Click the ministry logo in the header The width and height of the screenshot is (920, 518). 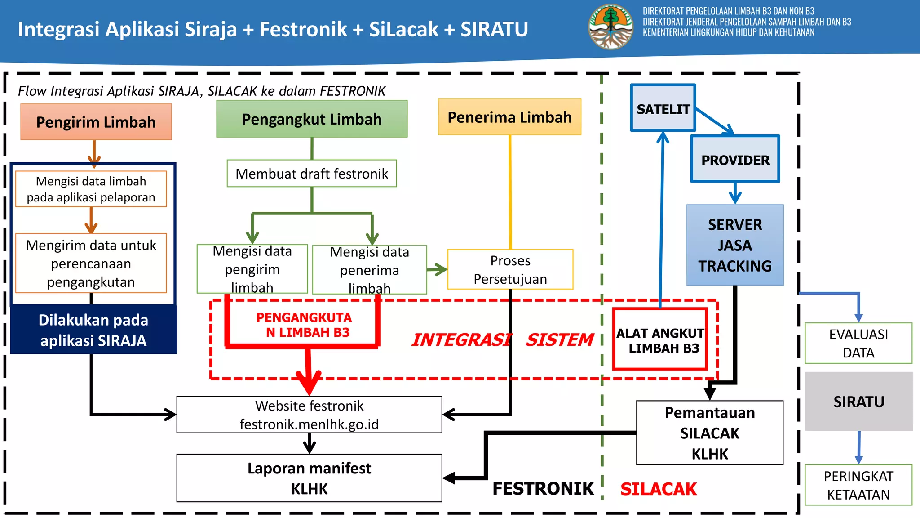[610, 27]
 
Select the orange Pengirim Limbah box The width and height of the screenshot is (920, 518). [96, 122]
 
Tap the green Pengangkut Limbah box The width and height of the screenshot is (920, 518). [312, 119]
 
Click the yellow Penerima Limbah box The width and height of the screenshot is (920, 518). [509, 117]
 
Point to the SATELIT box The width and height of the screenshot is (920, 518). [663, 108]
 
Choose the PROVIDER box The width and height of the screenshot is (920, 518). [735, 159]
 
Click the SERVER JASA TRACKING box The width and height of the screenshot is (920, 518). [735, 245]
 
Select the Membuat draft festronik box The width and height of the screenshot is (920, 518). [312, 173]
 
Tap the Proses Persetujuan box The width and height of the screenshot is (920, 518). [510, 269]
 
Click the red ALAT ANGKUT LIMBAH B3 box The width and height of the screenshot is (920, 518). [660, 339]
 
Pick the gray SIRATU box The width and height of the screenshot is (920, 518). [858, 401]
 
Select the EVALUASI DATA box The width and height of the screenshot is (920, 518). [858, 343]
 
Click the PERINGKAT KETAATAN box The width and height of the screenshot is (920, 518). [858, 485]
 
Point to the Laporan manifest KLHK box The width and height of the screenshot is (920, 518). [309, 478]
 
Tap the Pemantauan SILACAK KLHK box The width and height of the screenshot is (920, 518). [710, 433]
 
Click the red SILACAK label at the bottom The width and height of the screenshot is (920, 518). [659, 489]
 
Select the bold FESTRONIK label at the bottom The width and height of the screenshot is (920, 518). [543, 488]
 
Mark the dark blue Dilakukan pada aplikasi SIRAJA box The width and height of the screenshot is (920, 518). [93, 330]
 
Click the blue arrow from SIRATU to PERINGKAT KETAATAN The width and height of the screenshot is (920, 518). [859, 447]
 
